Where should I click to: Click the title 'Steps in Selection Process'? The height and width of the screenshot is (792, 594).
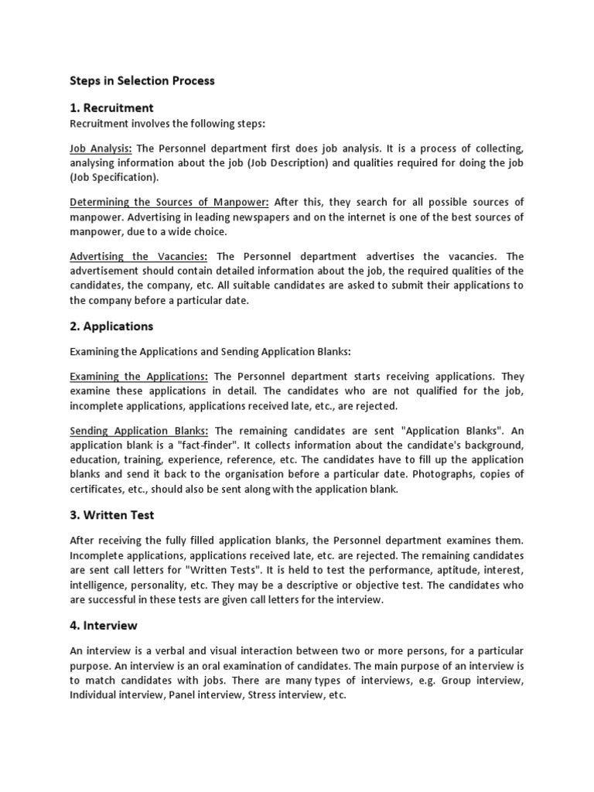pos(142,80)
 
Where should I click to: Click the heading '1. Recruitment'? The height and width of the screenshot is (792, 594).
pos(111,108)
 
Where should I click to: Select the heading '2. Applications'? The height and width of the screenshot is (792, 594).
pos(111,326)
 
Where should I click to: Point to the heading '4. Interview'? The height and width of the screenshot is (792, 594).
pos(104,625)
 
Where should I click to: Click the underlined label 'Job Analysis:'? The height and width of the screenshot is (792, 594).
pos(101,148)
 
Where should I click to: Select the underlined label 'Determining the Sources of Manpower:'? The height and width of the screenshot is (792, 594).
pos(169,203)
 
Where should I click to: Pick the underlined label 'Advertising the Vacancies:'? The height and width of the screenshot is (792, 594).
pos(138,257)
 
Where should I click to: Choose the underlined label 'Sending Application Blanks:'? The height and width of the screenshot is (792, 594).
pos(139,431)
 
